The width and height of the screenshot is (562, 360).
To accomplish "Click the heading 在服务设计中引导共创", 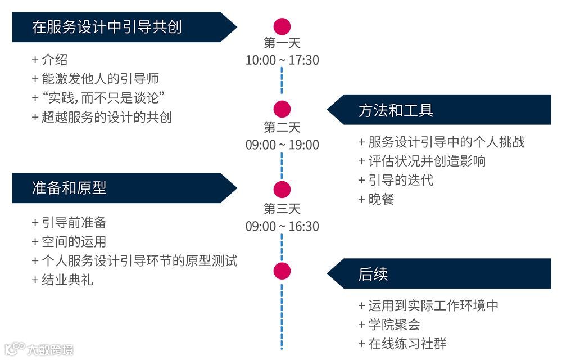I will point(107,27).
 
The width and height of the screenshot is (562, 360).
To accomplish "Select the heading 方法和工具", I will point(396,110).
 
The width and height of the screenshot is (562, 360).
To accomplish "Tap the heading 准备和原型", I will point(69,188).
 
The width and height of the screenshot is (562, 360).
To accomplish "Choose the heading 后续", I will point(373,274).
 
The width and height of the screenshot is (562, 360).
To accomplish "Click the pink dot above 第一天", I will point(282,26).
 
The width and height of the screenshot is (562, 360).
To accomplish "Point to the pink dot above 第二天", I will point(282,109).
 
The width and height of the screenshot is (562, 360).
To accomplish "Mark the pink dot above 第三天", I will point(282,190).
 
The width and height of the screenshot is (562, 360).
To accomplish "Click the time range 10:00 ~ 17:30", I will point(282,60).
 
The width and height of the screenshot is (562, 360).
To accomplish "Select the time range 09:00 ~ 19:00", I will point(282,145).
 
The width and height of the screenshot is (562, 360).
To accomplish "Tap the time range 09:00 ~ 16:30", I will point(282,226).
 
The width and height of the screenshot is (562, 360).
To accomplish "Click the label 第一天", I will point(282,43).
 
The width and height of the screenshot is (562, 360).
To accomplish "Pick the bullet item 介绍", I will point(54,60).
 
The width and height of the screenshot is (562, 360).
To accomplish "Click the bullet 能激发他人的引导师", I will point(96,79).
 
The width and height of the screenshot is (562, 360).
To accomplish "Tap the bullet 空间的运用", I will point(74,242).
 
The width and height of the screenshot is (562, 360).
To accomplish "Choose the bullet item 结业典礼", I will point(67,280).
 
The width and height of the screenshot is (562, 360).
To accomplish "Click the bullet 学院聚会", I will point(393,325).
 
